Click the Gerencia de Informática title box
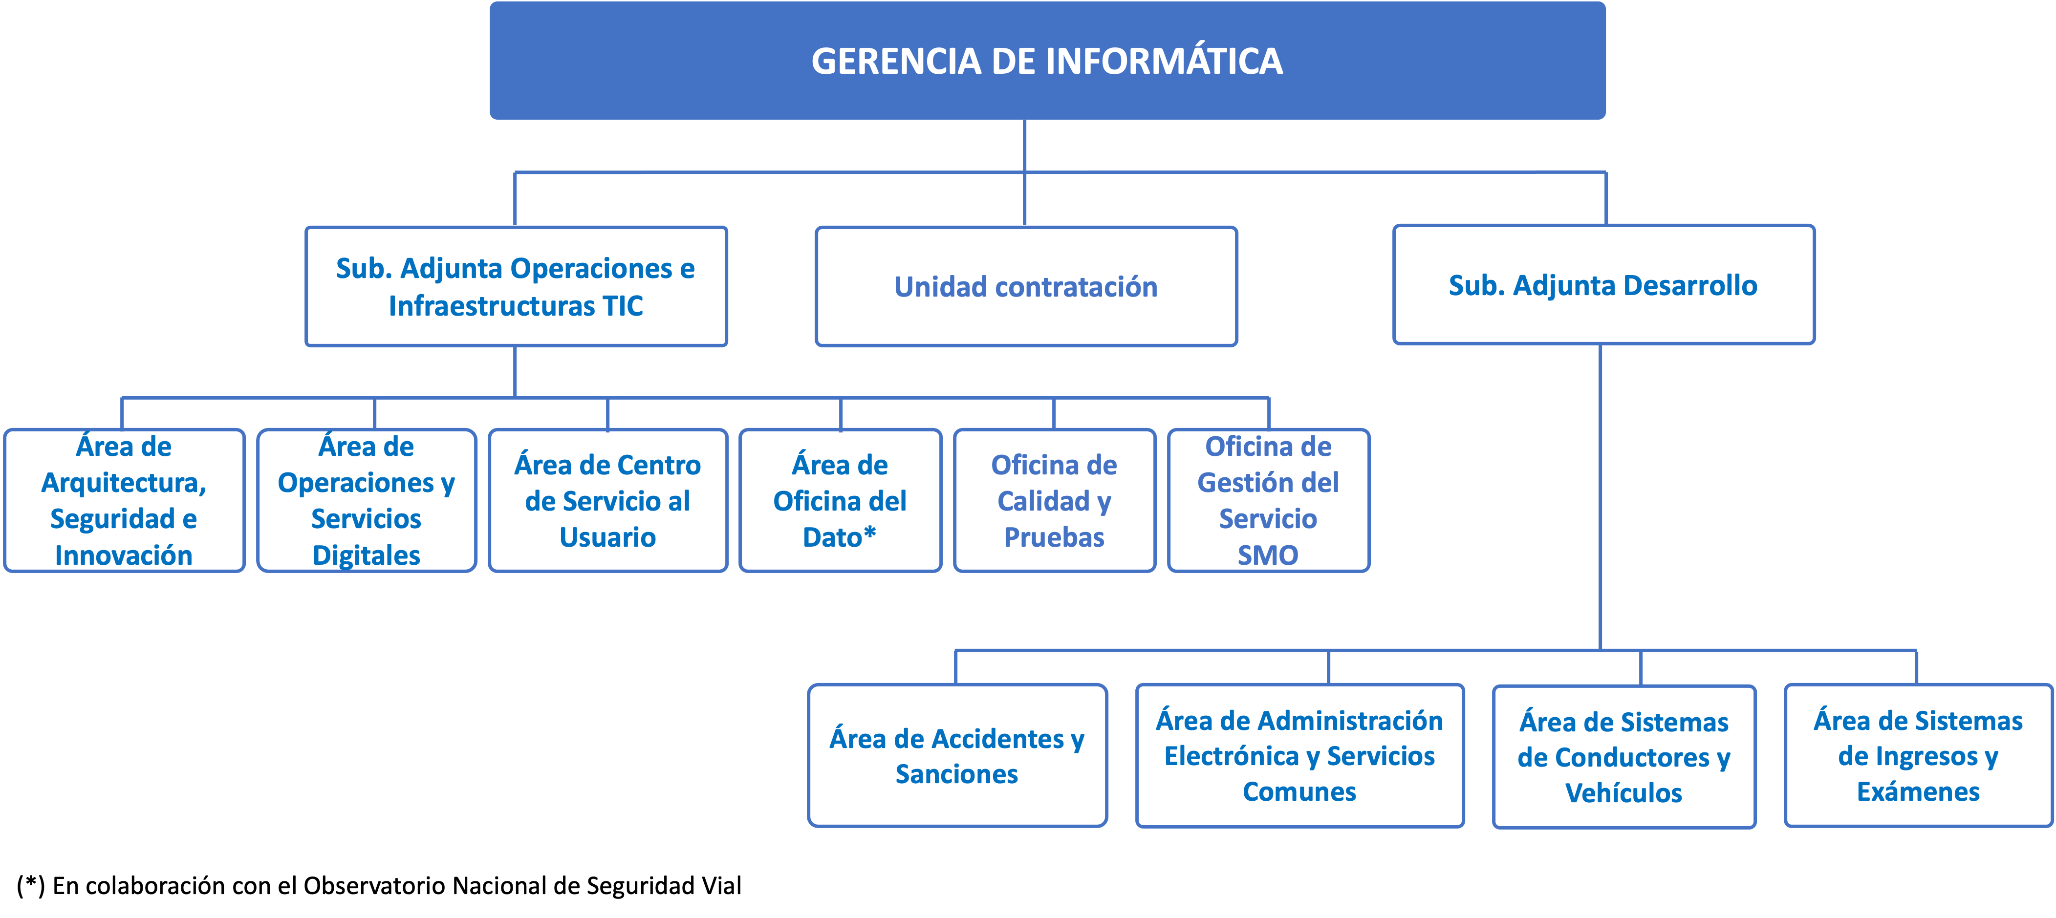1047,61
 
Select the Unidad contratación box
1026,286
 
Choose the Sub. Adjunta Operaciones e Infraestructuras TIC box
516,286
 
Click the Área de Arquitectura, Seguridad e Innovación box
124,500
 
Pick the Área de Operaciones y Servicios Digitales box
367,500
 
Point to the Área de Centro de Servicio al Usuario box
607,500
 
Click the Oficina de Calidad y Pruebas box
1054,500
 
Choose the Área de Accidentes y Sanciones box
956,755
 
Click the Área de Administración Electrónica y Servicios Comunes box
1299,755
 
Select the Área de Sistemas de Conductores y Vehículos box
1623,756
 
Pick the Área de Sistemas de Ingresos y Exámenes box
1917,755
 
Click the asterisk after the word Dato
870,533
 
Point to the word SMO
1267,555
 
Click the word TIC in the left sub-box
623,306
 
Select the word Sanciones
956,774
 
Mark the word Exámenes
1917,792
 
